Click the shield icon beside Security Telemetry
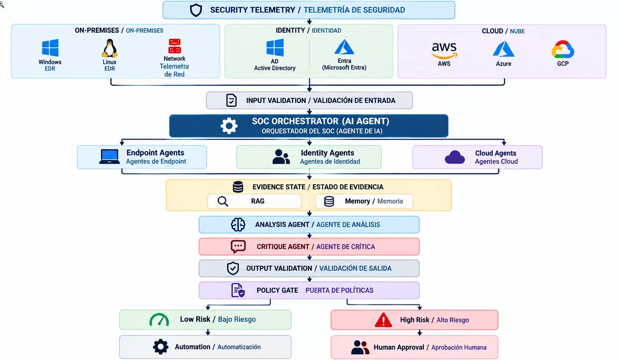196,10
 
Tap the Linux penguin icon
110,48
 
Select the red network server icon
175,46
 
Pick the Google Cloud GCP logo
563,49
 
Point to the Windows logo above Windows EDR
50,48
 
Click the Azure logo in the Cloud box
503,49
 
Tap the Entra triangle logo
344,47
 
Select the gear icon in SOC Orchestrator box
229,126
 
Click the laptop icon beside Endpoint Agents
110,157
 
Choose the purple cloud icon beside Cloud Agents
455,157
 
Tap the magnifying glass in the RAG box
223,202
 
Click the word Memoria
390,201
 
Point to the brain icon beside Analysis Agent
238,224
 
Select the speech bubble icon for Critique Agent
238,247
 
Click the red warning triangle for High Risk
383,320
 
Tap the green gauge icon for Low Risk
159,319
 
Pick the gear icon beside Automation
160,347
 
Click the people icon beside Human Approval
360,347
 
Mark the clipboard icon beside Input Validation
231,100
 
